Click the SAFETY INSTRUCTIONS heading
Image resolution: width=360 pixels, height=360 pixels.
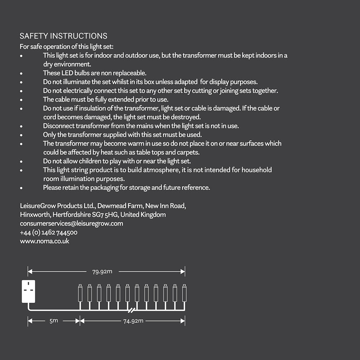pos(63,36)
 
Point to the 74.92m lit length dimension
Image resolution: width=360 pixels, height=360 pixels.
pos(133,321)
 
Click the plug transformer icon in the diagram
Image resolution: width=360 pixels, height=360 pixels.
pos(28,291)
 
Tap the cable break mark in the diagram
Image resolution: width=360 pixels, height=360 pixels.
pos(132,310)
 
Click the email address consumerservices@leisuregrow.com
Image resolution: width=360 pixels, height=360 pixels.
pos(71,224)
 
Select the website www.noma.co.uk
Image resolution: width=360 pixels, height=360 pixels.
pos(45,241)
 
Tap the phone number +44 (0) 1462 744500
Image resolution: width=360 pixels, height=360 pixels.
pos(49,233)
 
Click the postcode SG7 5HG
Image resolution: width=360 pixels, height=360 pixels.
pos(105,215)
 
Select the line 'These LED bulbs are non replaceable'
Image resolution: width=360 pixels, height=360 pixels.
pos(95,73)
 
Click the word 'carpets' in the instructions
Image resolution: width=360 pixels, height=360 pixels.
pos(188,152)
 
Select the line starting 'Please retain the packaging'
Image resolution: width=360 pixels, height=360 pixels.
pos(126,188)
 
